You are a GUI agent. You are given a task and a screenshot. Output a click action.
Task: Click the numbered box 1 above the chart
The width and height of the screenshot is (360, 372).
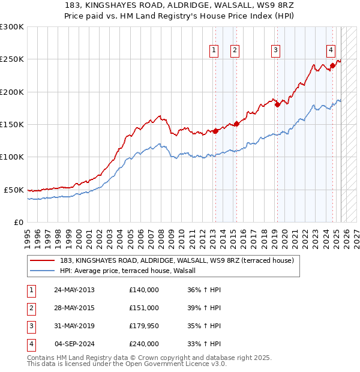pyautogui.click(x=214, y=51)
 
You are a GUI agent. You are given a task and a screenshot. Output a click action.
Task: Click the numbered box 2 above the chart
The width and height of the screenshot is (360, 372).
pyautogui.click(x=235, y=51)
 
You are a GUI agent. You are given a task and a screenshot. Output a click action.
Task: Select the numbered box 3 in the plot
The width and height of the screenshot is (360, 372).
pyautogui.click(x=275, y=51)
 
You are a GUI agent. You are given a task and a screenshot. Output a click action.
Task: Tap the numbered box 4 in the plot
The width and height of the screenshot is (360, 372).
pyautogui.click(x=331, y=51)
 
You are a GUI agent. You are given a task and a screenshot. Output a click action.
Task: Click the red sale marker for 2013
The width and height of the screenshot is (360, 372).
pyautogui.click(x=215, y=131)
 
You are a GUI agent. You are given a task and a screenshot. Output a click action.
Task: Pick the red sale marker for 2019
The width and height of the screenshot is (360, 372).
pyautogui.click(x=277, y=105)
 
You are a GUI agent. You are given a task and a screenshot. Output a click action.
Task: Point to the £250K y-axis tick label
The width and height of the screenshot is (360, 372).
pyautogui.click(x=12, y=59)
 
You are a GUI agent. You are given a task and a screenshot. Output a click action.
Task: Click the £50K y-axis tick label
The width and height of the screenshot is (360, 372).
pyautogui.click(x=14, y=190)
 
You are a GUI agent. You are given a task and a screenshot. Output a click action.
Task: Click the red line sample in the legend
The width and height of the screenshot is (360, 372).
pyautogui.click(x=43, y=261)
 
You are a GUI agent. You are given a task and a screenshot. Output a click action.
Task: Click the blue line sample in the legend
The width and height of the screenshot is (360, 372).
pyautogui.click(x=43, y=271)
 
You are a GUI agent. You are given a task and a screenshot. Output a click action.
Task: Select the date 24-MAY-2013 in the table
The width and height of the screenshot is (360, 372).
pyautogui.click(x=74, y=290)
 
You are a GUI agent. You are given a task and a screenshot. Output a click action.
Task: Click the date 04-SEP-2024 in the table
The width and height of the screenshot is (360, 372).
pyautogui.click(x=74, y=344)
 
